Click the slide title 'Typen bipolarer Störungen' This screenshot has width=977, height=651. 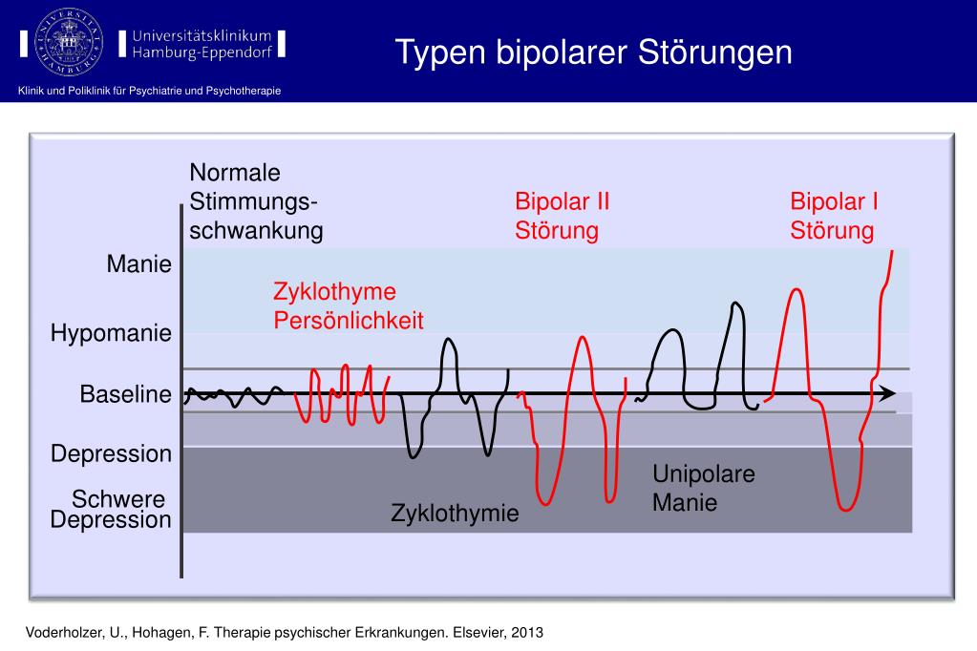coord(594,52)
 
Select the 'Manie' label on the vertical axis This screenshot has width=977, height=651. coord(139,264)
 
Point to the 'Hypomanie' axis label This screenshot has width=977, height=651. coord(111,334)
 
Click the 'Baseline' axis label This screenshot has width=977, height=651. coord(125,394)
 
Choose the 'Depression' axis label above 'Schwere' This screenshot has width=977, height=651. coord(111,453)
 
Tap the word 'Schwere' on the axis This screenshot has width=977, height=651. coord(118,500)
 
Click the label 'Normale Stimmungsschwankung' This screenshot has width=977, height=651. coord(255,201)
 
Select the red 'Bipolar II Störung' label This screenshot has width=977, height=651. coord(562,216)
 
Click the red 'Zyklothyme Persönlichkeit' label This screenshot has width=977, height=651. coord(348,305)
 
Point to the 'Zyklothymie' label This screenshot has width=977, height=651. coord(455,514)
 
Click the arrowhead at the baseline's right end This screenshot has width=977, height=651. coord(887,393)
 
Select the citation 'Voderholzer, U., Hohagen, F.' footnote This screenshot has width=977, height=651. coord(134,633)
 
